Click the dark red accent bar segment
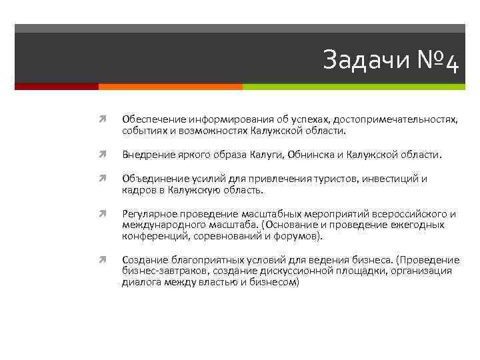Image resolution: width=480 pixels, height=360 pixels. click(57, 87)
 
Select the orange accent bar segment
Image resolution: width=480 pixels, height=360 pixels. click(170, 87)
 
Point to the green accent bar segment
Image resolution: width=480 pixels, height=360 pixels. click(353, 87)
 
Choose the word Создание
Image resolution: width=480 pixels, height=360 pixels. click(142, 260)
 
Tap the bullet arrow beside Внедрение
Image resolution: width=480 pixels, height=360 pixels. click(104, 155)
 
